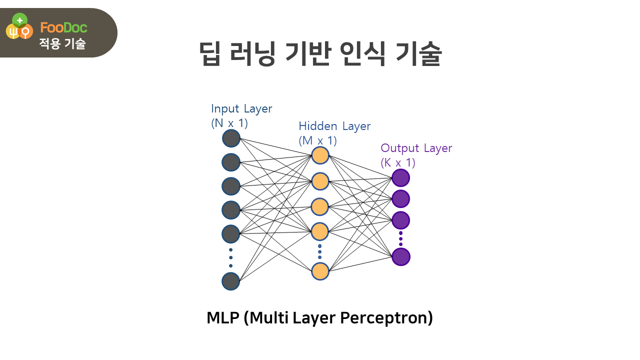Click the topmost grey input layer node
[x=231, y=138]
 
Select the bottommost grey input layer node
[x=231, y=281]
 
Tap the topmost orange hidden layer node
[x=320, y=155]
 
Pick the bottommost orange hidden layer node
[x=320, y=271]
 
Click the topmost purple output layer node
[x=400, y=178]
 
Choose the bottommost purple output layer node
[x=400, y=257]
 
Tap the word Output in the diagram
[x=399, y=148]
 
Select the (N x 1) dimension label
[x=229, y=122]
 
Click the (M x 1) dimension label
[x=317, y=141]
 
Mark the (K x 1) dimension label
[x=398, y=162]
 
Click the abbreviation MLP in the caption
[x=223, y=318]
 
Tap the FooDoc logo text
[x=63, y=28]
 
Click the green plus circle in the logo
[x=19, y=20]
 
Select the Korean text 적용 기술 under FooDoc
[x=62, y=44]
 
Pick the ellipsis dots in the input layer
[x=231, y=257]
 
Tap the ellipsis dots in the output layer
[x=400, y=239]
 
